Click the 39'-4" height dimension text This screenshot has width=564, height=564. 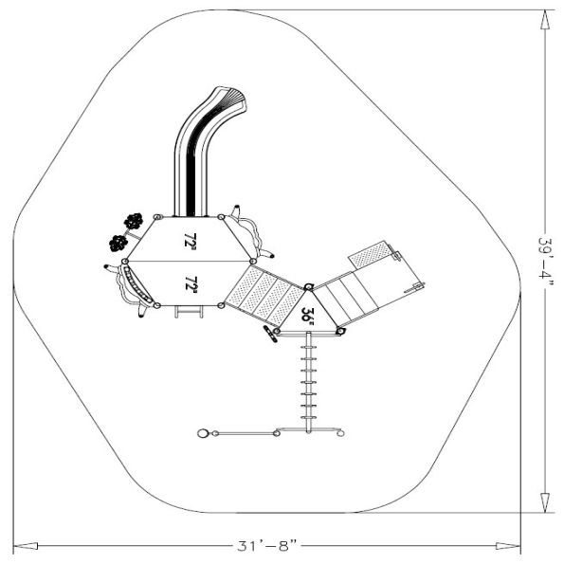545,258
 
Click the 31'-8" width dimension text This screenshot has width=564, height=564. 267,546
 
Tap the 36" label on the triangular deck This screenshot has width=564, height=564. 307,316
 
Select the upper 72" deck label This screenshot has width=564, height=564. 191,240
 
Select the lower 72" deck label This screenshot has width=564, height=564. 191,284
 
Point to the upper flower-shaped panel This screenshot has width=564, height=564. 134,221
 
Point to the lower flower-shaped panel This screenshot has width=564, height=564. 118,244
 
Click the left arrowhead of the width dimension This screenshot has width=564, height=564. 26,546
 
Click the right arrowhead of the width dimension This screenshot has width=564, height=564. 508,546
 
